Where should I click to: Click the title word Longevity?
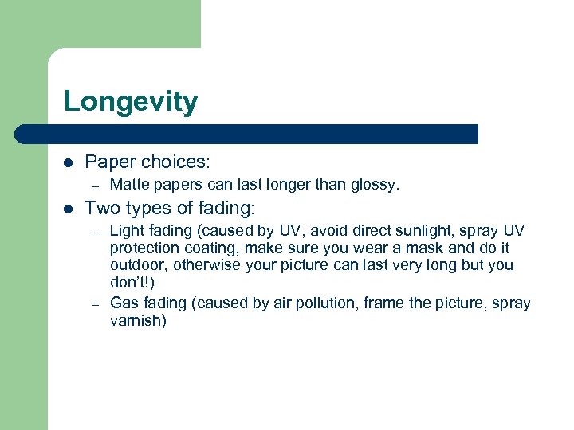coord(131,102)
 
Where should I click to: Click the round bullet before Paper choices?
coord(68,162)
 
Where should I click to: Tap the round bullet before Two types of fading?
coord(68,209)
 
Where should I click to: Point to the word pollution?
coord(323,303)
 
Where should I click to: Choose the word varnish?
coord(138,321)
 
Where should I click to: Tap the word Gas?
coord(124,303)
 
